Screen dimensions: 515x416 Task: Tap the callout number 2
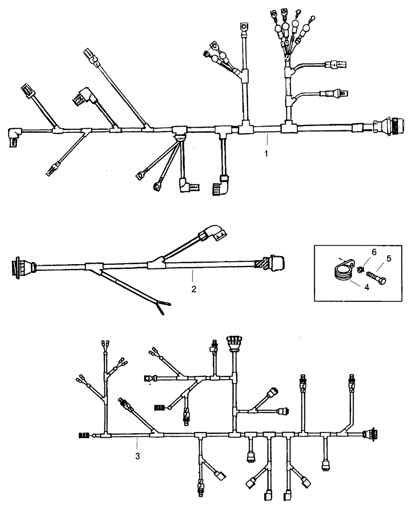pyautogui.click(x=194, y=289)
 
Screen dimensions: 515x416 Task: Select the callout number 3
pyautogui.click(x=137, y=456)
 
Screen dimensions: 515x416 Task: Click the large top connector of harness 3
pyautogui.click(x=234, y=342)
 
